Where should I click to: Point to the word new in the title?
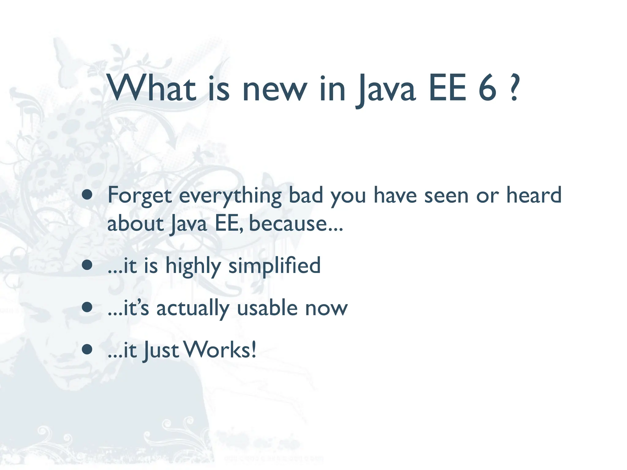(274, 90)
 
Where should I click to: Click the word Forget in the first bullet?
(139, 196)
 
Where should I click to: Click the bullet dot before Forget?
(87, 195)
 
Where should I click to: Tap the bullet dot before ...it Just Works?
(87, 349)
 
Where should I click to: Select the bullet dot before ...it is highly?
(87, 265)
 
